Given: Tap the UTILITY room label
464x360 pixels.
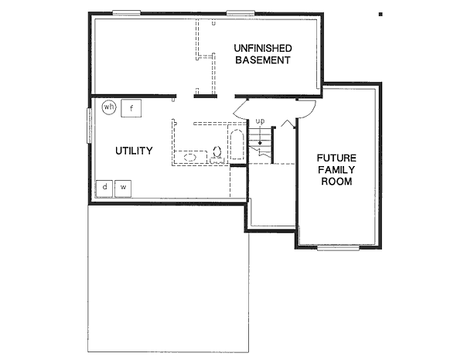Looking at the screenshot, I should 134,151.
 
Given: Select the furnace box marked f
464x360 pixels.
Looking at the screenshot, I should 131,107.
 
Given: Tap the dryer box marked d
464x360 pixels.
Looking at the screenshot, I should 104,187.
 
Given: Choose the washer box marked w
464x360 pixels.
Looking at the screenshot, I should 122,187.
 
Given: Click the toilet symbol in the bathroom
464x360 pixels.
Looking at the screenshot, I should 217,153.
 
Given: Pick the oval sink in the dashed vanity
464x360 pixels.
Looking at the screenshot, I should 190,157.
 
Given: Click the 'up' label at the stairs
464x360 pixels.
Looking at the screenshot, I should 261,121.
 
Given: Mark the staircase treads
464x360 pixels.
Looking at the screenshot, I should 264,143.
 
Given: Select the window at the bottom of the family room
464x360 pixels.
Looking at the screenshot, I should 338,248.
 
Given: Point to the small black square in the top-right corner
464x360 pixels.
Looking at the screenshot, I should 380,13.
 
